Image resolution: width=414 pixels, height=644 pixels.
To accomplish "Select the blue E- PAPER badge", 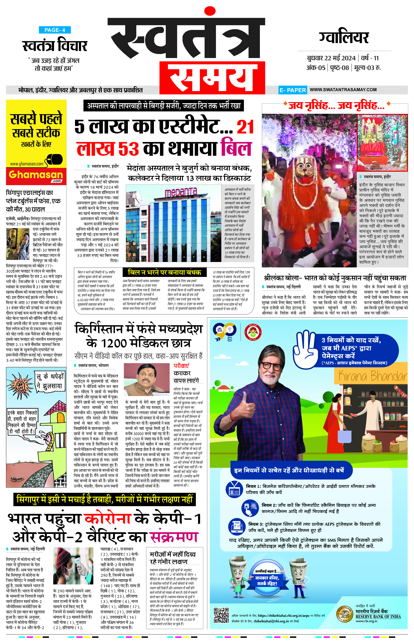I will tap(292, 90).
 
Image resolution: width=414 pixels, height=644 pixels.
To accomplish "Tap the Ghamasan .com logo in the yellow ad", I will tap(36, 175).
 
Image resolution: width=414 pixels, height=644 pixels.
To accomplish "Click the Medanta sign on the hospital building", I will tap(181, 192).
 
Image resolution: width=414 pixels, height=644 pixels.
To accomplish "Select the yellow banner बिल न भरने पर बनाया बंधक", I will tap(165, 272).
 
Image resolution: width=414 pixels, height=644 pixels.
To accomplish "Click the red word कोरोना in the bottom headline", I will tap(108, 518).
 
